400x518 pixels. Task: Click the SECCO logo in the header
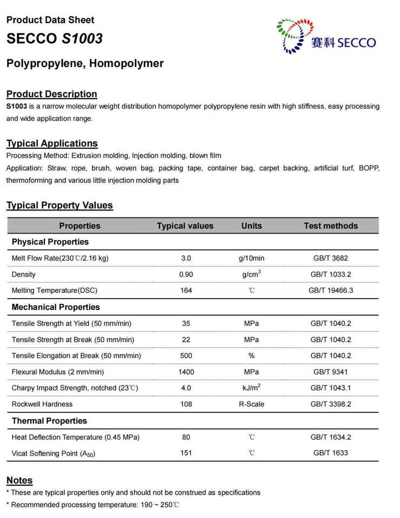click(325, 36)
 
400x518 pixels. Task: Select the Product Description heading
click(52, 94)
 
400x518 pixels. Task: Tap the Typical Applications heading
click(52, 143)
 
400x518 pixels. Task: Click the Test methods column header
click(330, 226)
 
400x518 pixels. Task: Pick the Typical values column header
click(185, 226)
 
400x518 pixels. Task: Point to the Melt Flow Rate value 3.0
click(186, 258)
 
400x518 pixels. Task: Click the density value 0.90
click(186, 274)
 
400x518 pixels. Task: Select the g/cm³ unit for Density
click(251, 274)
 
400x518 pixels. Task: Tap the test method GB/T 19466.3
click(331, 290)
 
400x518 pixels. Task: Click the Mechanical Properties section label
click(56, 307)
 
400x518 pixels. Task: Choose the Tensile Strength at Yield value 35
click(186, 323)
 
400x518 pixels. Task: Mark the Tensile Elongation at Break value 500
click(186, 356)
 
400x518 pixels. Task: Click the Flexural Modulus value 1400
click(186, 372)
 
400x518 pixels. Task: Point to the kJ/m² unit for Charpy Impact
click(251, 387)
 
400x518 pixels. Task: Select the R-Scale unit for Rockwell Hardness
click(251, 404)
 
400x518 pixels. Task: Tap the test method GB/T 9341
click(331, 372)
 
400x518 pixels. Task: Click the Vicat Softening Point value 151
click(186, 453)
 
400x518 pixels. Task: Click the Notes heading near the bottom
click(19, 480)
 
